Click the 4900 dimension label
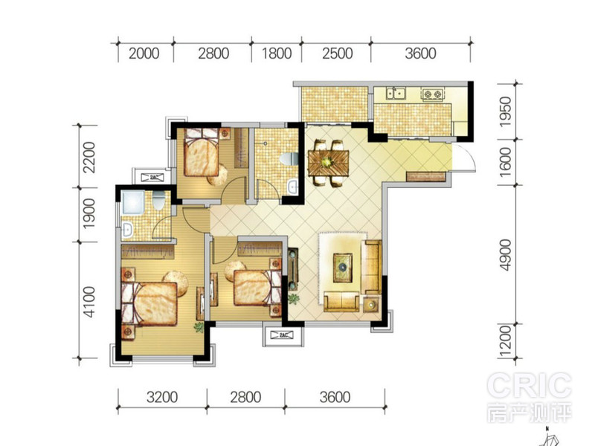pos(506,255)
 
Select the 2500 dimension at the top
pos(338,54)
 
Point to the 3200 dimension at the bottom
pos(162,397)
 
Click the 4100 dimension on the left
pos(89,302)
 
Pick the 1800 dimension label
pos(277,54)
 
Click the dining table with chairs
pos(328,163)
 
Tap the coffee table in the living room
pos(343,268)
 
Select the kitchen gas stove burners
pos(432,94)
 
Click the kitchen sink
pos(396,93)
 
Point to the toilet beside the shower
pos(158,201)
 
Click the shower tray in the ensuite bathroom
pos(133,202)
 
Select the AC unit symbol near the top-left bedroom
pos(152,177)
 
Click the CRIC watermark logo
pos(530,385)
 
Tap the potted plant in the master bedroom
pos(199,327)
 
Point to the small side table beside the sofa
pos(371,304)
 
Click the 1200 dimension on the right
pos(506,342)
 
